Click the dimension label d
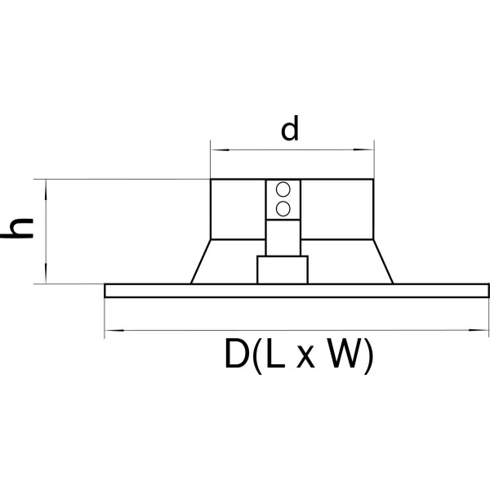pyautogui.click(x=290, y=128)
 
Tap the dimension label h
pyautogui.click(x=18, y=228)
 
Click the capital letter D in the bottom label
pyautogui.click(x=237, y=354)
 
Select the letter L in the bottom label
pyautogui.click(x=276, y=354)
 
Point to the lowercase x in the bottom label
pyautogui.click(x=305, y=358)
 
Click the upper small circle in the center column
pyautogui.click(x=283, y=189)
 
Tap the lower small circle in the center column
pyautogui.click(x=283, y=209)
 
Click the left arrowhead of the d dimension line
pyautogui.click(x=220, y=150)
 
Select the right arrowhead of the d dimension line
pyautogui.click(x=364, y=149)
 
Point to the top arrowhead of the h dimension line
pyautogui.click(x=46, y=189)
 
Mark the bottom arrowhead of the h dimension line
pyautogui.click(x=46, y=274)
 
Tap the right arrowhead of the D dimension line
pyautogui.click(x=479, y=330)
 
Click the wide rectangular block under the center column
pyautogui.click(x=283, y=269)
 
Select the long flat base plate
pyautogui.click(x=296, y=291)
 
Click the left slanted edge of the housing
pyautogui.click(x=201, y=261)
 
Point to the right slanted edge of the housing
pyautogui.click(x=384, y=261)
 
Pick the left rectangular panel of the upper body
pyautogui.click(x=238, y=209)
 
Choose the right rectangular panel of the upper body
pyautogui.click(x=336, y=209)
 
